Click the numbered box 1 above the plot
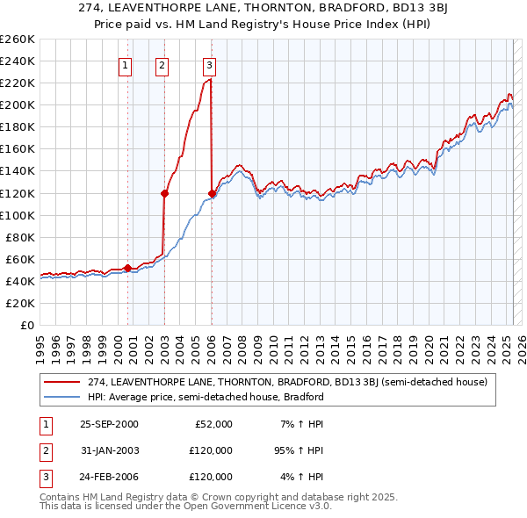click(x=125, y=64)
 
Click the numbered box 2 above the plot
click(x=162, y=64)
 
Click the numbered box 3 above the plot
click(x=210, y=64)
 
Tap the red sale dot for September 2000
click(x=128, y=268)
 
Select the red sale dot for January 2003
click(x=164, y=193)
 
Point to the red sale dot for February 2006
click(x=212, y=193)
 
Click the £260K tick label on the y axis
click(x=17, y=39)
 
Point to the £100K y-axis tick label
click(x=17, y=215)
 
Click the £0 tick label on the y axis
click(x=26, y=325)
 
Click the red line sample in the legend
click(x=62, y=382)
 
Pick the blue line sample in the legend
click(x=62, y=397)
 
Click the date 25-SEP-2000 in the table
click(x=109, y=424)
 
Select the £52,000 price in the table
click(x=213, y=424)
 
